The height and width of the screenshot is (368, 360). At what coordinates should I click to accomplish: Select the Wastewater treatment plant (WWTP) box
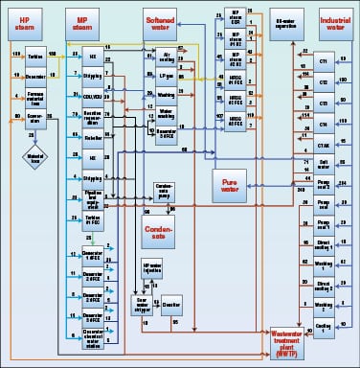297,337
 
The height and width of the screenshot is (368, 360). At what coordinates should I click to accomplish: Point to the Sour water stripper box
143,303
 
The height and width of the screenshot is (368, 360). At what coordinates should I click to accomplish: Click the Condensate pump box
164,190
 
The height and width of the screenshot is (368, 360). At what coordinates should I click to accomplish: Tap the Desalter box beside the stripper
171,303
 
